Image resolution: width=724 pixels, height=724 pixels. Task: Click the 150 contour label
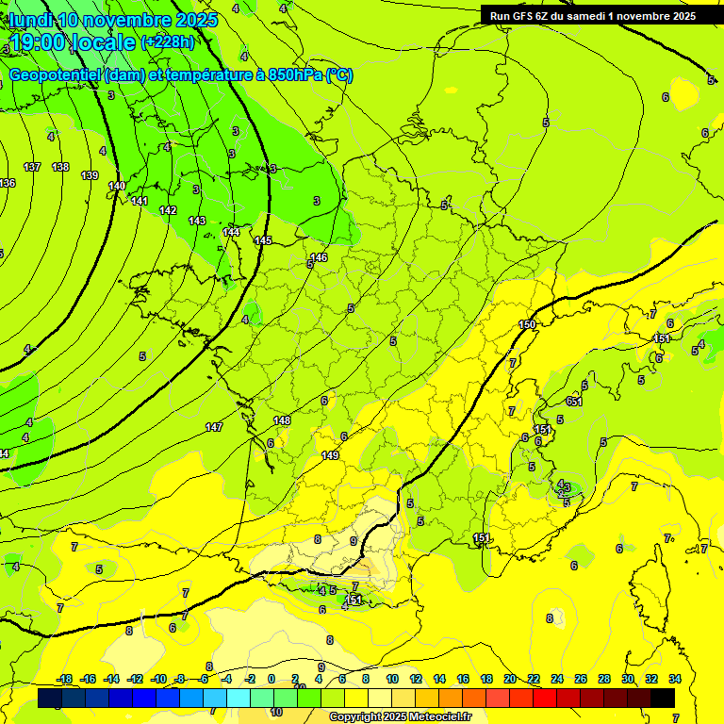[x=527, y=325]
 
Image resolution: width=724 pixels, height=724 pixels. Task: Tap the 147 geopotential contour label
[x=214, y=427]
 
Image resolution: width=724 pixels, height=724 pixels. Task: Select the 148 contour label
[x=282, y=420]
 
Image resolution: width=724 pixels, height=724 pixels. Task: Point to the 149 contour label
[x=330, y=455]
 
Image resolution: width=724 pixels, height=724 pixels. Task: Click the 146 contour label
[x=319, y=257]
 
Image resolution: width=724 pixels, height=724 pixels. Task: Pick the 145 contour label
[x=263, y=240]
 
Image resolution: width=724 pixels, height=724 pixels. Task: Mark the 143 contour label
[x=197, y=221]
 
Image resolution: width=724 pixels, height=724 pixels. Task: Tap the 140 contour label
[x=117, y=186]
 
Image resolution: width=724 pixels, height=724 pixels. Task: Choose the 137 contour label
[x=32, y=167]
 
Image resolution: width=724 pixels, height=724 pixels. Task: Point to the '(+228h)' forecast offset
[x=167, y=42]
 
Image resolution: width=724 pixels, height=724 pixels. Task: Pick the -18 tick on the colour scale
[x=64, y=679]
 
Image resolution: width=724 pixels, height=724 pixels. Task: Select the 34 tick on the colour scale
[x=675, y=679]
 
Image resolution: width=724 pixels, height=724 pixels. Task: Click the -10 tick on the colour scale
[x=158, y=679]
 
